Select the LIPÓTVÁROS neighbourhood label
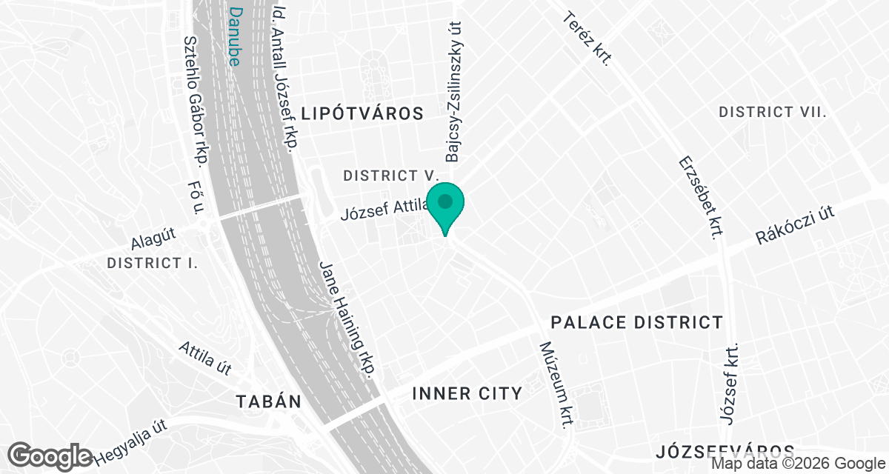[363, 113]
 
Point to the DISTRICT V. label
[391, 176]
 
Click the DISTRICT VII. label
[773, 112]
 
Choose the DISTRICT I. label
[152, 263]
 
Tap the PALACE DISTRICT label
[636, 322]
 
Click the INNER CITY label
[467, 393]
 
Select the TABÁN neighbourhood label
[268, 401]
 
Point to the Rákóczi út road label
[795, 225]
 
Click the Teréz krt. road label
[586, 39]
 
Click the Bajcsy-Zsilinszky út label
[453, 91]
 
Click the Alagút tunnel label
[153, 240]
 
